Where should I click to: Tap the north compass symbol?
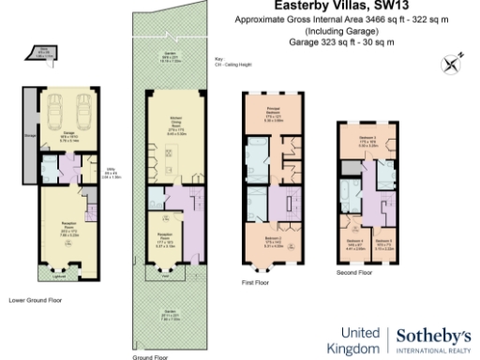[455, 65]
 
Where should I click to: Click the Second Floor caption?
[354, 273]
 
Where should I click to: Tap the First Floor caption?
[256, 280]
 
